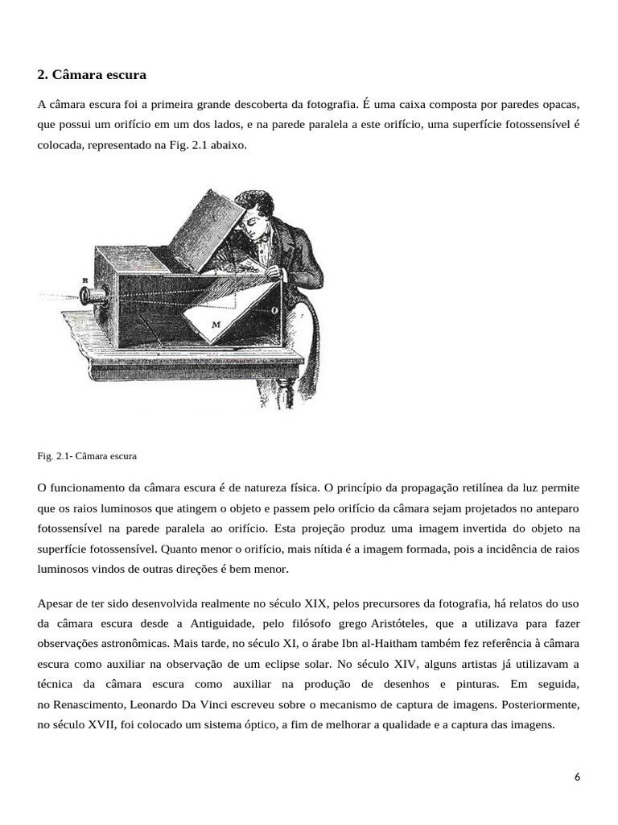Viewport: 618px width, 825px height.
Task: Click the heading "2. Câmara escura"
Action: (x=92, y=75)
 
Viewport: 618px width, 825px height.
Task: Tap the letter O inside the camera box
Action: (x=276, y=309)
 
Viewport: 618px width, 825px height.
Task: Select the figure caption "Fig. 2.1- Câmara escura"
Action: (x=87, y=456)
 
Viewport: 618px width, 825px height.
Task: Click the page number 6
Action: (x=577, y=777)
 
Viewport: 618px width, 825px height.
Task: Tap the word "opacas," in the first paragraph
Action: (x=558, y=105)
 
